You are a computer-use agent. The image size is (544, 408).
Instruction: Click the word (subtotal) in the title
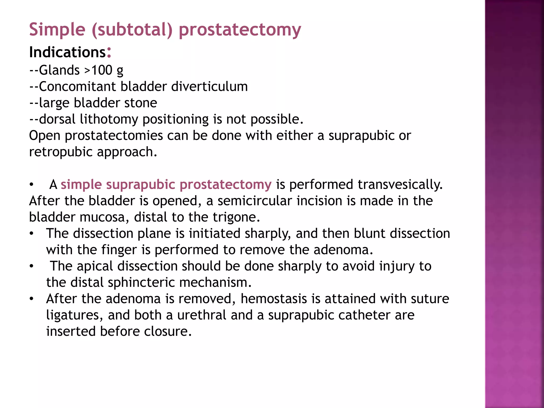coord(132,29)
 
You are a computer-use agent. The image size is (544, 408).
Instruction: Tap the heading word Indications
coord(67,52)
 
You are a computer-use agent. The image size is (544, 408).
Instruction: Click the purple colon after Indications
coord(109,53)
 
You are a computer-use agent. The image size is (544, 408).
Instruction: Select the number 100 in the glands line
coord(102,70)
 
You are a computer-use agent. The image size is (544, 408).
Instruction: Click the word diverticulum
coord(209,87)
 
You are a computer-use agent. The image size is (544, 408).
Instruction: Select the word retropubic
coord(61,152)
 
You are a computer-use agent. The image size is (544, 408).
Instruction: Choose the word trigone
coord(236,217)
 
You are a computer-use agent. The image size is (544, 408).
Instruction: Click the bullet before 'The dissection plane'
coord(32,234)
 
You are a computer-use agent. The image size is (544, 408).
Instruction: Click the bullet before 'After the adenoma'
coord(32,299)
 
